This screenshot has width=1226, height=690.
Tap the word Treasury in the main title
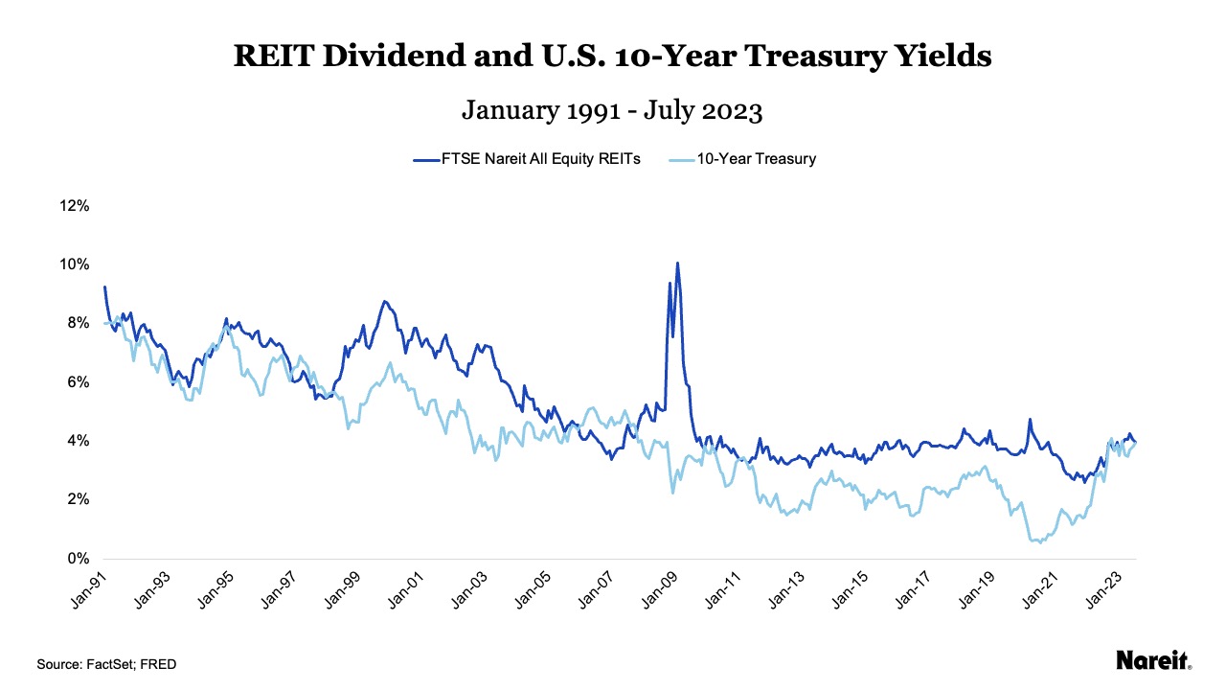point(815,57)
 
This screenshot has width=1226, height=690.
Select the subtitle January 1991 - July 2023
point(612,110)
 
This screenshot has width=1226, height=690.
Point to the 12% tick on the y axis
point(75,206)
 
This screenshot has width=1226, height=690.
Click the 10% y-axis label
point(75,264)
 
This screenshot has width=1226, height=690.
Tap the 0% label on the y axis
point(77,559)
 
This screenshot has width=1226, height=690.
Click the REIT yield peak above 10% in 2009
point(677,264)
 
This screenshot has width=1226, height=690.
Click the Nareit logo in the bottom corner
point(1153,660)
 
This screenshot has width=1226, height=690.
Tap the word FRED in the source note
point(160,664)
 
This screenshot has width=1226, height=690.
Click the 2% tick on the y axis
point(77,500)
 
